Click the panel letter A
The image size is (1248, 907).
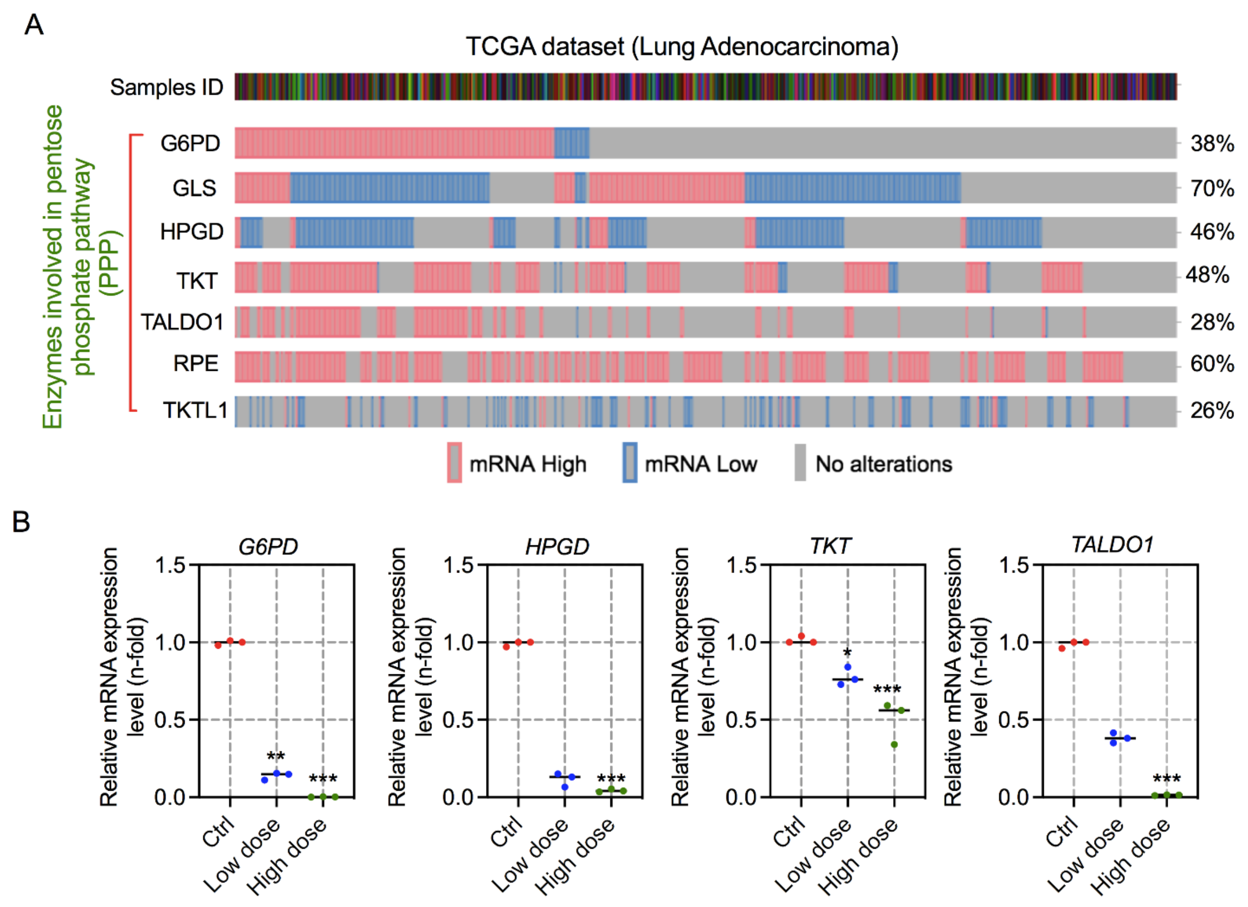tap(34, 25)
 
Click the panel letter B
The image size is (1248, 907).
tap(21, 521)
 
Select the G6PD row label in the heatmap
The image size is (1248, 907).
tap(190, 143)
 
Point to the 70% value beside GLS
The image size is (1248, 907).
tap(1212, 189)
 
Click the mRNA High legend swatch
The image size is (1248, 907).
tap(454, 463)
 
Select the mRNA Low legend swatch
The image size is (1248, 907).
tap(630, 463)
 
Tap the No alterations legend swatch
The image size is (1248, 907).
tap(800, 463)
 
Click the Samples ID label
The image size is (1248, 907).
tap(166, 87)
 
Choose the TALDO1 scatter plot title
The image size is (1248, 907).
tap(1112, 544)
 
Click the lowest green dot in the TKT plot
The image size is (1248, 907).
tap(894, 745)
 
